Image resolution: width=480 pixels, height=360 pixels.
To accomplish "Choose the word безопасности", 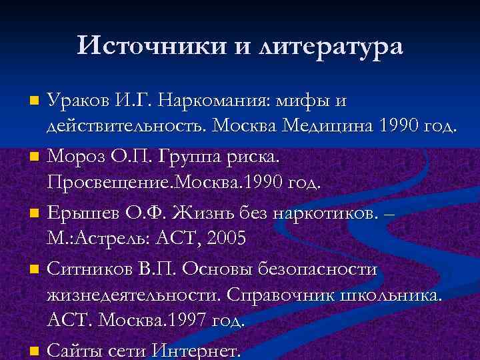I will pos(327,269).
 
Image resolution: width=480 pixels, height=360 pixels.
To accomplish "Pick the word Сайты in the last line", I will pos(74,349).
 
